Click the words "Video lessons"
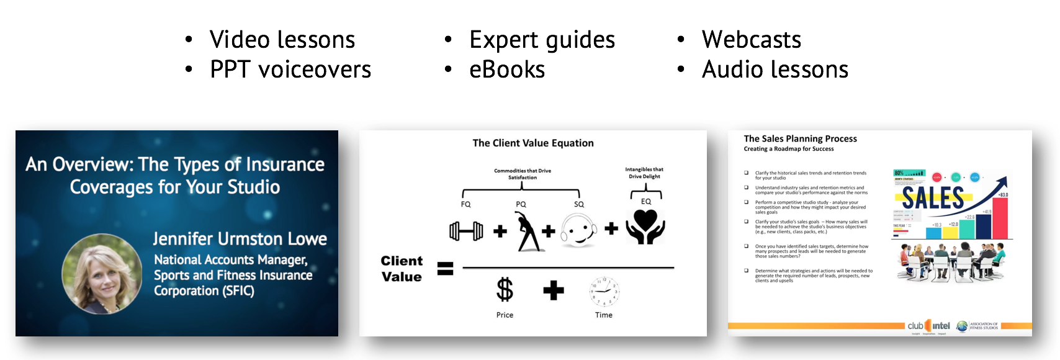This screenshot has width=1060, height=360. (x=282, y=40)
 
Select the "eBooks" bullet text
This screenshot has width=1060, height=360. (x=506, y=70)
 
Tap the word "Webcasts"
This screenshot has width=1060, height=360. (x=751, y=40)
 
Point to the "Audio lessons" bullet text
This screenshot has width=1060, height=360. (x=775, y=70)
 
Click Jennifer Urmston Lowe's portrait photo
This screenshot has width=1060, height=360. (x=102, y=274)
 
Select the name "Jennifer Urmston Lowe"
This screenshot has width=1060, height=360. (x=240, y=239)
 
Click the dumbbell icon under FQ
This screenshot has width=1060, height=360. (x=466, y=231)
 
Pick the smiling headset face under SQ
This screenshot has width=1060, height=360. (x=578, y=231)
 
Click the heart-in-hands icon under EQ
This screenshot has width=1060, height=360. (x=645, y=227)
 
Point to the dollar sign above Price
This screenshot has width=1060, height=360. (x=505, y=290)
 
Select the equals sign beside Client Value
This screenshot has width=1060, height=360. (x=446, y=269)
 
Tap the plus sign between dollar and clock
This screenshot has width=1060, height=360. (x=554, y=290)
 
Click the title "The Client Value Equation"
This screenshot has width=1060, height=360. (x=532, y=143)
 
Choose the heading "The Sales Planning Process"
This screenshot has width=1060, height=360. (x=800, y=139)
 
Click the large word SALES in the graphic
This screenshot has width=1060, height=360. (x=932, y=199)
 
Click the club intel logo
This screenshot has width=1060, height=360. (x=928, y=326)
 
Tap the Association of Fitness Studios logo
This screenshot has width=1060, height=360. (x=977, y=326)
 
